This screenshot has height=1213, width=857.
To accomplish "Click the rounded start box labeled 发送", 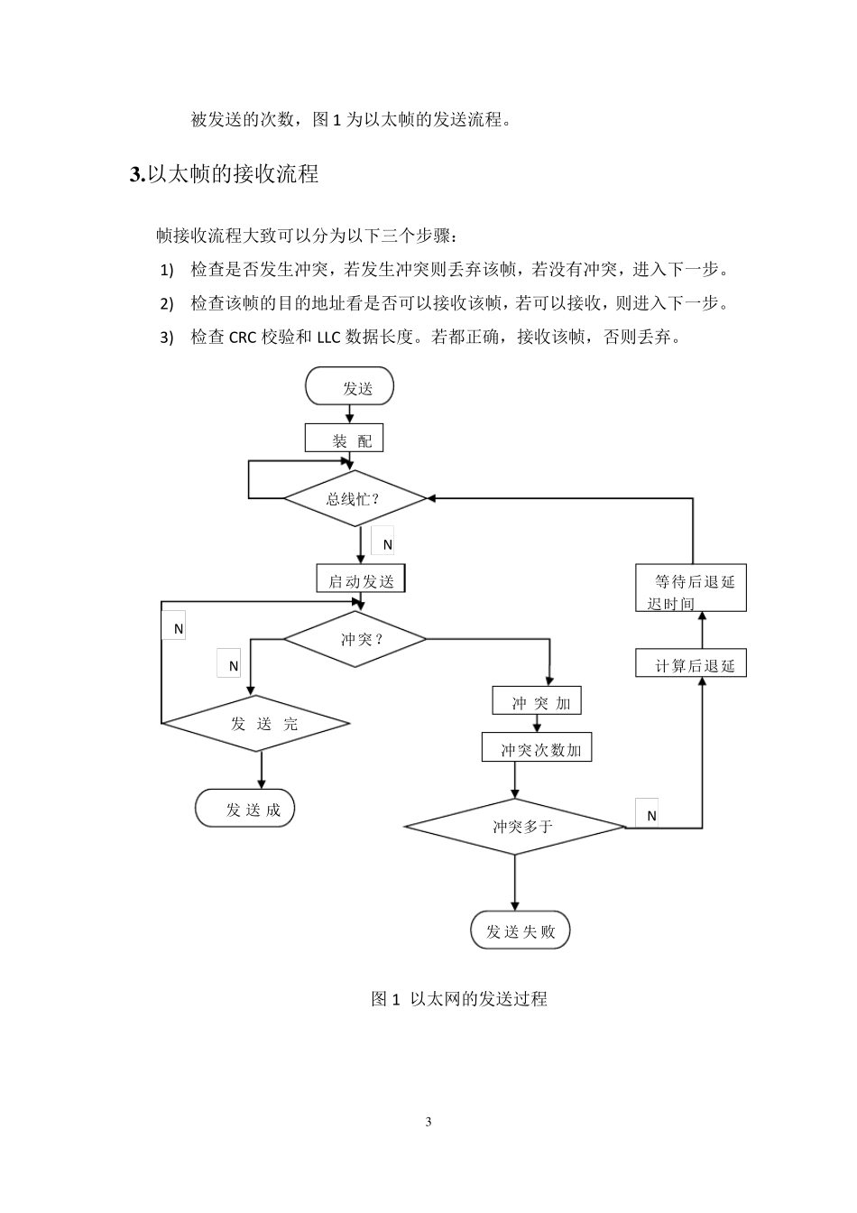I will tap(350, 387).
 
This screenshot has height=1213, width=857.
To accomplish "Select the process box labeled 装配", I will tap(345, 440).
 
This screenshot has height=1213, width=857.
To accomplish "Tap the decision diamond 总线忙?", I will tap(355, 498).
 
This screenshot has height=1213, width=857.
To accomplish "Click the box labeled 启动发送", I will tap(361, 579).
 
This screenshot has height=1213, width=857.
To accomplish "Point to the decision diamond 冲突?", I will tap(355, 639).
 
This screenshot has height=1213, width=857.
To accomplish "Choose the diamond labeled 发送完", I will tap(256, 723).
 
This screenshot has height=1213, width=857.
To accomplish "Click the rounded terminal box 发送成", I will tap(245, 809).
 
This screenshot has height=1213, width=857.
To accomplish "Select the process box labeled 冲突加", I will tap(538, 701).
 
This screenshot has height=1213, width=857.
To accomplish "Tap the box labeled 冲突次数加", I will tap(537, 749).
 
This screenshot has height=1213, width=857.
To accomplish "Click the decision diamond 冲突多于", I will tap(515, 826).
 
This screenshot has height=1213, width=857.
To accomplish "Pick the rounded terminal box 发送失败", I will tap(521, 931).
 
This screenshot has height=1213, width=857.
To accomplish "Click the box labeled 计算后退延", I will tap(691, 664).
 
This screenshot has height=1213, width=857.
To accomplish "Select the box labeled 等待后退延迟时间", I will tap(690, 589).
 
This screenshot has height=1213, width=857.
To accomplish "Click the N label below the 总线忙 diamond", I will tap(386, 543).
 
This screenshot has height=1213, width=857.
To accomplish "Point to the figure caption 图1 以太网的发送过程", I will tap(459, 999).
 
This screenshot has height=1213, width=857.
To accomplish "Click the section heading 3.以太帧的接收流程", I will tap(225, 174).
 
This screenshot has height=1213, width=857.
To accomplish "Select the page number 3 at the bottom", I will tap(428, 1122).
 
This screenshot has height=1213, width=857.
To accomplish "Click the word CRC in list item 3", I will tap(243, 338).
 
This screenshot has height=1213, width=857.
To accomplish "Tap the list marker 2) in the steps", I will tap(166, 303).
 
